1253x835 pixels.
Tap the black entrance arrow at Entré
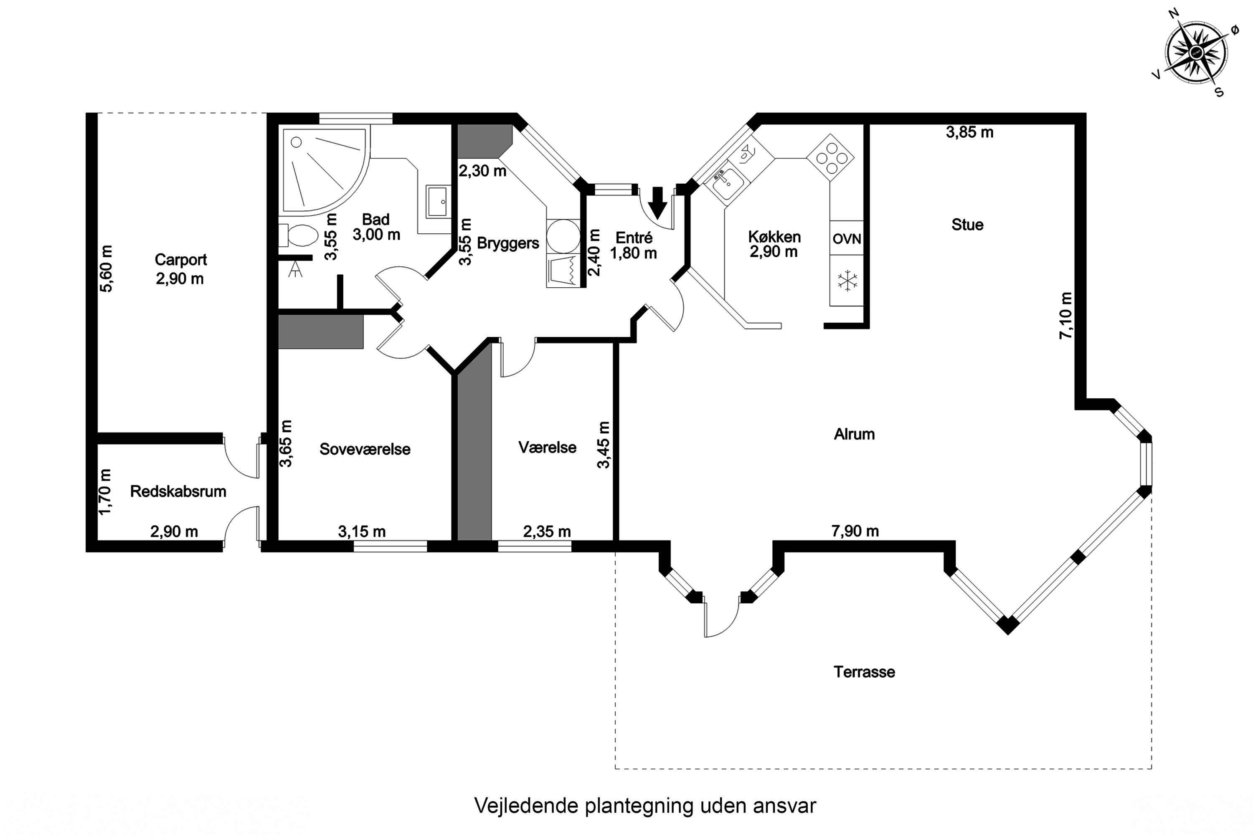[657, 203]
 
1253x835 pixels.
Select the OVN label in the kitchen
[847, 238]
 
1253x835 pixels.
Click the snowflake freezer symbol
[847, 281]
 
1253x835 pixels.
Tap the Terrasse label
[864, 672]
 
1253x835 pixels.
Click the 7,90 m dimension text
[855, 531]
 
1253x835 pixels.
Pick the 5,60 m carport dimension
[106, 268]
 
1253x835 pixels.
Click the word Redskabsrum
[178, 491]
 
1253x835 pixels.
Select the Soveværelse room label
[365, 449]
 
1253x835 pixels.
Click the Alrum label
[854, 434]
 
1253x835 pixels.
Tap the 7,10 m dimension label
[1065, 315]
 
